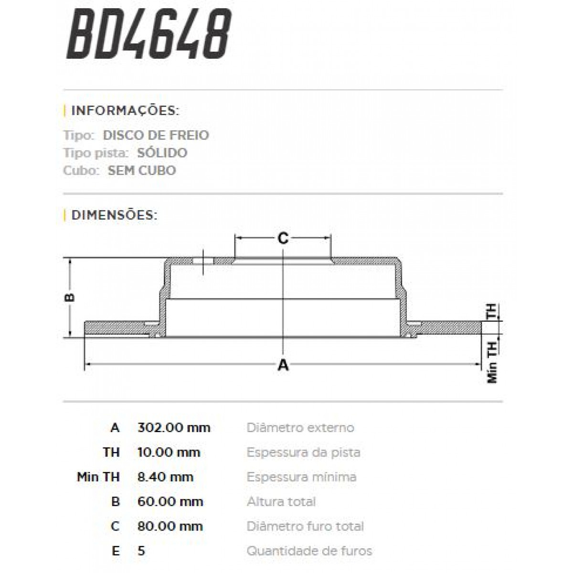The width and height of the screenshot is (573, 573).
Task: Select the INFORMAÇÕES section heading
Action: (125, 111)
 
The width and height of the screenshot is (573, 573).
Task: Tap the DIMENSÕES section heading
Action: (114, 215)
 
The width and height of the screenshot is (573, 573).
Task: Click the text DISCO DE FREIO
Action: (156, 135)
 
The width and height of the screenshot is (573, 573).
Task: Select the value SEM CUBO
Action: (142, 170)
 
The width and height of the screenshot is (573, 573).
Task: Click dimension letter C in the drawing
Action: (283, 237)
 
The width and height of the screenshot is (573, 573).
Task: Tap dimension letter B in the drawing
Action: (70, 297)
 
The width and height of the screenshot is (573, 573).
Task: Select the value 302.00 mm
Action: (174, 428)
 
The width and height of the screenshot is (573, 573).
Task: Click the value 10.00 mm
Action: (169, 452)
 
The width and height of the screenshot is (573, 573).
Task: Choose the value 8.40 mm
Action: (165, 477)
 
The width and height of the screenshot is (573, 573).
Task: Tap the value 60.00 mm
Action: (170, 502)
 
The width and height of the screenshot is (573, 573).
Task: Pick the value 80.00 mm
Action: (170, 527)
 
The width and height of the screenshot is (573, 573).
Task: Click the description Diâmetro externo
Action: (300, 428)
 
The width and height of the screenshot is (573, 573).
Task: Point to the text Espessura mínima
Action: (301, 477)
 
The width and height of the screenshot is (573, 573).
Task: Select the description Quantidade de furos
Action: (309, 551)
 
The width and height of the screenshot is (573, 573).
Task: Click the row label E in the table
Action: (115, 552)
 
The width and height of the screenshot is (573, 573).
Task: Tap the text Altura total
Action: (281, 502)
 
